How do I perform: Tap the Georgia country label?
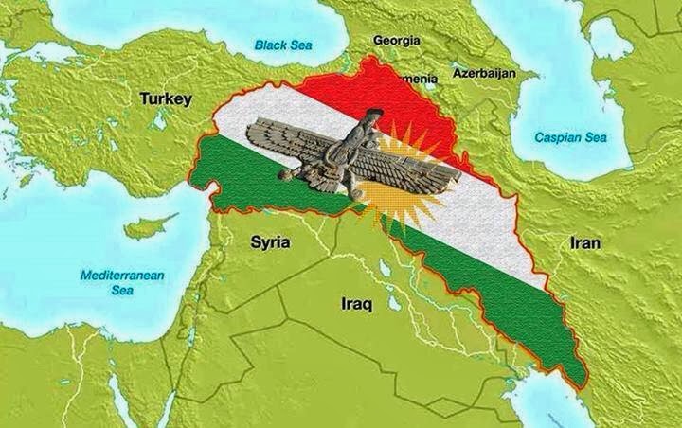[x=397, y=41]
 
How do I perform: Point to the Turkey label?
[x=167, y=98]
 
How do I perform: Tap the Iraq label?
[x=357, y=305]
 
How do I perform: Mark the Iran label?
[x=583, y=242]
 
